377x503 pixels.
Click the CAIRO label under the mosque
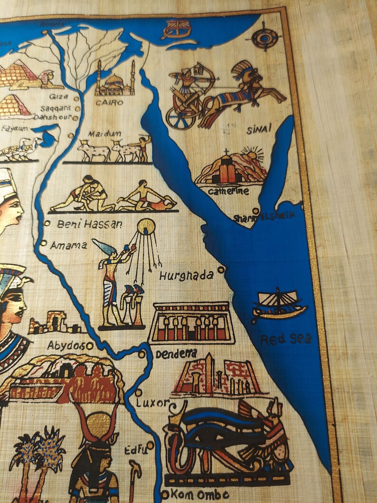coord(109,102)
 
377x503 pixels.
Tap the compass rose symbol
coord(266,36)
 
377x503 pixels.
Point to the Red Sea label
coord(286,339)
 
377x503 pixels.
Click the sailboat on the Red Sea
coord(279,304)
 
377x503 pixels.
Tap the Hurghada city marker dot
coord(221,270)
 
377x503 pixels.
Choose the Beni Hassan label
coord(89,224)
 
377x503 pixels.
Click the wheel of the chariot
coord(180,118)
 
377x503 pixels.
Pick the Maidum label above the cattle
coord(107,134)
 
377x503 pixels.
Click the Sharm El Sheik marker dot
coord(255,211)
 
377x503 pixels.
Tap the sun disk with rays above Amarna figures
coord(146,226)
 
